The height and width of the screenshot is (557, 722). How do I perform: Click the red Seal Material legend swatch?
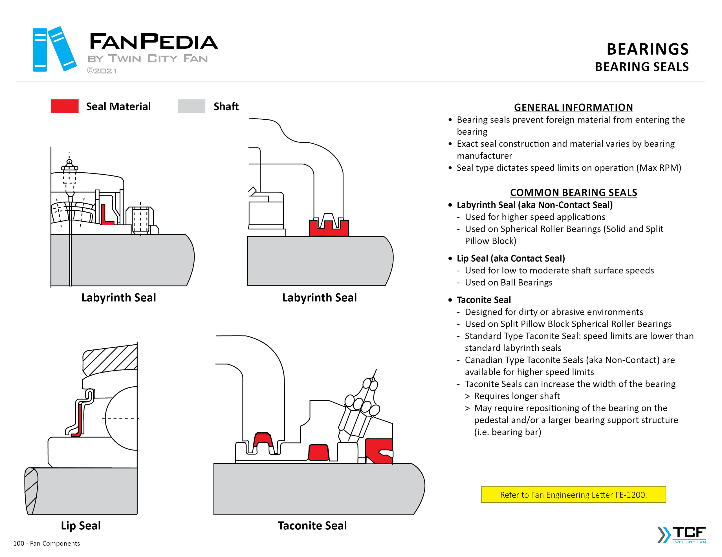[x=65, y=106]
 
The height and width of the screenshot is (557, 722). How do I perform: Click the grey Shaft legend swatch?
[x=191, y=106]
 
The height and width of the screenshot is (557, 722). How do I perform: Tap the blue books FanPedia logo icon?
[x=54, y=49]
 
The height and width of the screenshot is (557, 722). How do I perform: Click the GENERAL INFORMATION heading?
[x=573, y=107]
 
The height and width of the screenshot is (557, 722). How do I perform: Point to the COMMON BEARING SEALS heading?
[x=573, y=193]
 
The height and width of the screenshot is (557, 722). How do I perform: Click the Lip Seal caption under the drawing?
[x=81, y=525]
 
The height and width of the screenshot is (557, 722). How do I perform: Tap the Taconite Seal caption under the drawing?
[x=312, y=525]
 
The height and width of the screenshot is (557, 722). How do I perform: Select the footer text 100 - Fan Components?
[x=47, y=543]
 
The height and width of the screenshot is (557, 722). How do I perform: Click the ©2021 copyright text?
[x=102, y=71]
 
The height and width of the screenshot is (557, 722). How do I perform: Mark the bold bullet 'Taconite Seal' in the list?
[x=484, y=300]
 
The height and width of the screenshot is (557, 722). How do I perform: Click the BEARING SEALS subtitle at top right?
[x=642, y=67]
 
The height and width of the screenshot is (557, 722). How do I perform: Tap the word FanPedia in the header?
[x=153, y=42]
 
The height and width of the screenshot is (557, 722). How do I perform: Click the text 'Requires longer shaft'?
[x=517, y=396]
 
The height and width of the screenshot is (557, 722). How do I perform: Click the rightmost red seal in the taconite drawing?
[x=378, y=451]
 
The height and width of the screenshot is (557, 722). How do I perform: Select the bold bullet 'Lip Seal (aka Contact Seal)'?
[x=511, y=258]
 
